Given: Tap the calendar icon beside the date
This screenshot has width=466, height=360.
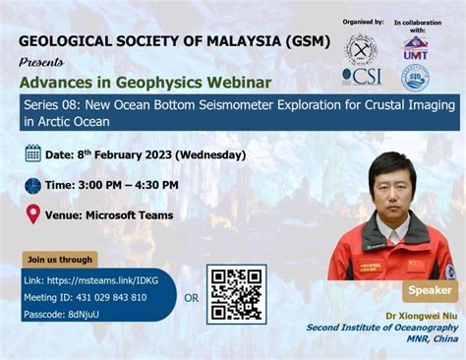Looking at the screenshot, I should coord(32,152).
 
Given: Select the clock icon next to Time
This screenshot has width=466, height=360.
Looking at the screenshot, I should coord(32,185).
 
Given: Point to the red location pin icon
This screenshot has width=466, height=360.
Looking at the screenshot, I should coord(32,214).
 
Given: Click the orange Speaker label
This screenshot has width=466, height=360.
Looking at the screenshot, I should coord(430,291).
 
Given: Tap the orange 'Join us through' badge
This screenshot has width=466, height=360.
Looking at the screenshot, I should coord(60,260).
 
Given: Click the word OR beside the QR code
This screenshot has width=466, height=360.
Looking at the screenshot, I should coord(192,297).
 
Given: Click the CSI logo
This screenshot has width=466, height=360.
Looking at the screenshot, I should coord(361,76).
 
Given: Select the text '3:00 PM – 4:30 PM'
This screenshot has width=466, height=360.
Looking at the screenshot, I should coord(129,185).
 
